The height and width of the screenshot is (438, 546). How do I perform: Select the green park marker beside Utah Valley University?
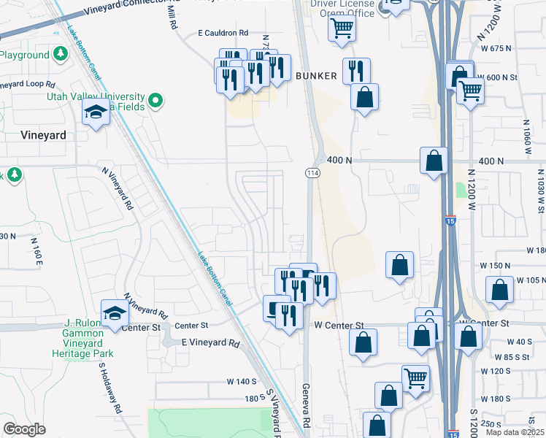[x=155, y=101]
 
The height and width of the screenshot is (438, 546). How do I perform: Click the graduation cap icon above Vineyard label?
[x=96, y=113]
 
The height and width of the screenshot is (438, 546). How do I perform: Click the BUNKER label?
[x=317, y=76]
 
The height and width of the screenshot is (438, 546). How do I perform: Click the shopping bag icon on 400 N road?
[x=434, y=161]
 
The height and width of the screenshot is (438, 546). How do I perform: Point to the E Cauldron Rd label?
[x=224, y=33]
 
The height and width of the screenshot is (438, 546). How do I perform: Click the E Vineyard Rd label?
[x=210, y=343]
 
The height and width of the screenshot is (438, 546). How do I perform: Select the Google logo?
[x=24, y=429]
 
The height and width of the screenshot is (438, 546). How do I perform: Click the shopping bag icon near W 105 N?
[x=500, y=289]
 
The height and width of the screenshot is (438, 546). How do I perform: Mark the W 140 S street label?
[x=242, y=382]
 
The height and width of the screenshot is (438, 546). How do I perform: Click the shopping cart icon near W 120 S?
[x=415, y=378]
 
